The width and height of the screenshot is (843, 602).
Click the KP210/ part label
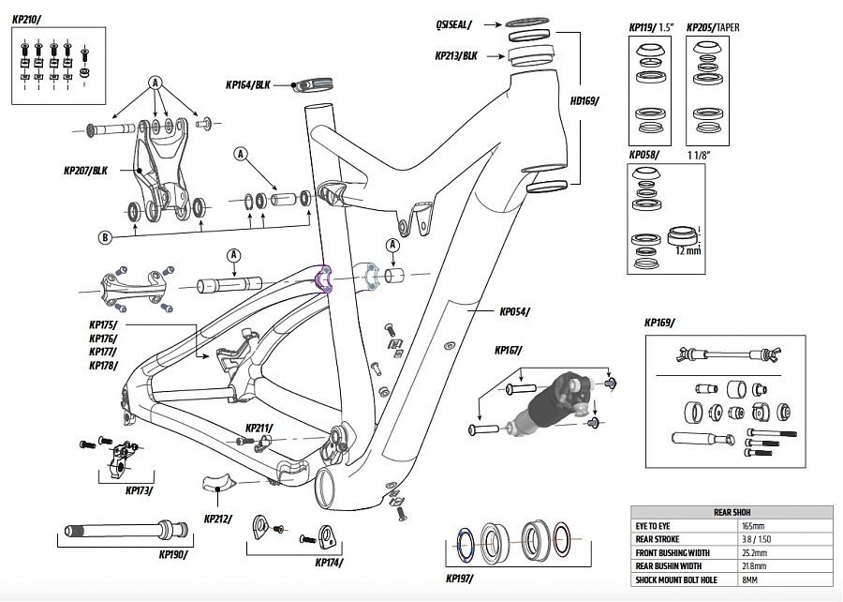[x=26, y=20]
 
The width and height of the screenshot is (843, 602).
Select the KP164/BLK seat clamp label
[x=248, y=85]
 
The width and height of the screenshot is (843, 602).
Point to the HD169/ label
[x=584, y=100]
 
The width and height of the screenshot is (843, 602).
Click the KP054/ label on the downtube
[x=514, y=311]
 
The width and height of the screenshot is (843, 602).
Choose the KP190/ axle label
[x=173, y=555]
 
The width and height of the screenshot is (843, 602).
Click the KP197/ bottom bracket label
[x=460, y=579]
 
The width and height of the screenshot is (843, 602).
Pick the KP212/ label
[x=217, y=519]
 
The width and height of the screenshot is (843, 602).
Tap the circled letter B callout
[x=105, y=236]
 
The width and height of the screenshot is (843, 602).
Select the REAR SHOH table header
[x=732, y=512]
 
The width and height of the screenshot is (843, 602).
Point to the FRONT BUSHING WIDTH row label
[x=673, y=553]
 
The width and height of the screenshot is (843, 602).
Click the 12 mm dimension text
[x=688, y=250]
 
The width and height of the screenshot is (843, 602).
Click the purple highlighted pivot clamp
[x=324, y=279]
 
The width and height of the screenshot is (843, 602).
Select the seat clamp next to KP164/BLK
[x=314, y=85]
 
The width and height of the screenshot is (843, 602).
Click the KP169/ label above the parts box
[x=659, y=323]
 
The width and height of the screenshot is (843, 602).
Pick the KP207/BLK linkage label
[x=85, y=171]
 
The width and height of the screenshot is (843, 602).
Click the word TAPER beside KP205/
[x=728, y=28]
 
